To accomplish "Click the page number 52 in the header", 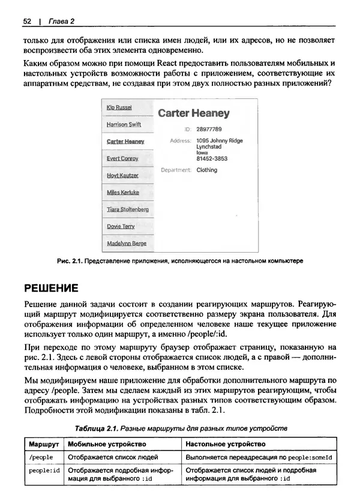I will click(x=26, y=22).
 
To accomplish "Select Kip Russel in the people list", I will click(x=119, y=107).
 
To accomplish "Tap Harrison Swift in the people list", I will click(x=124, y=125).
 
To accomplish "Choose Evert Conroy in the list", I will click(x=122, y=158).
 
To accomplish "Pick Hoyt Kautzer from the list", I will click(x=122, y=176).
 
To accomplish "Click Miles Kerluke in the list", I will click(x=122, y=193).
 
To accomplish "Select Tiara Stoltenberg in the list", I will click(x=127, y=210).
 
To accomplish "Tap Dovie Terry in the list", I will click(x=121, y=227).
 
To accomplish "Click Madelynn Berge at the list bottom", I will click(x=126, y=244).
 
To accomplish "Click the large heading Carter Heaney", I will click(x=193, y=113).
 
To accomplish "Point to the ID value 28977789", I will click(x=209, y=129).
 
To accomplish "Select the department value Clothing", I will click(x=207, y=170).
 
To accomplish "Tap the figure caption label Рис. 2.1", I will click(x=68, y=261).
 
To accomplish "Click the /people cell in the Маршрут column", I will click(x=41, y=457).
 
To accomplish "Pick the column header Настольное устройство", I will click(x=226, y=444).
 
